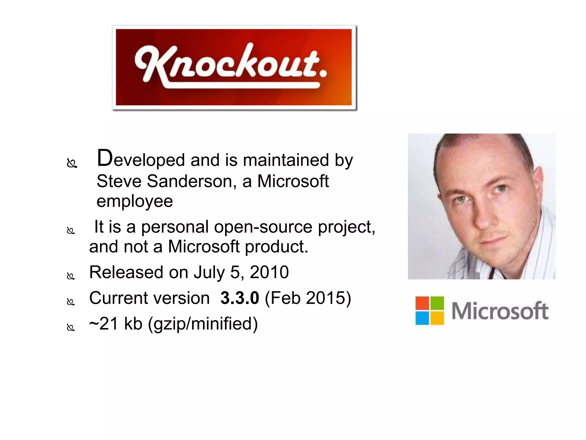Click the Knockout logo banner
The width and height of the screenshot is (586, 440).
pyautogui.click(x=234, y=68)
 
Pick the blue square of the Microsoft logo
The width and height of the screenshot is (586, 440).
pyautogui.click(x=422, y=318)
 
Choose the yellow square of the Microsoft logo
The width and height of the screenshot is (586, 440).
pyautogui.click(x=437, y=318)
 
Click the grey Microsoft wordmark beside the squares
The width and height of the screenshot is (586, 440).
pyautogui.click(x=500, y=311)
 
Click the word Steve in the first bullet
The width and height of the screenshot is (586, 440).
pyautogui.click(x=119, y=181)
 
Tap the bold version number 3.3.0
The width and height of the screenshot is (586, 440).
pyautogui.click(x=240, y=298)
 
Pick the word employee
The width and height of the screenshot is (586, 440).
pyautogui.click(x=135, y=201)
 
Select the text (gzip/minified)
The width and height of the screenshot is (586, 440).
pyautogui.click(x=203, y=324)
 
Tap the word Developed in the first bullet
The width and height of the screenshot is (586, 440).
pyautogui.click(x=141, y=159)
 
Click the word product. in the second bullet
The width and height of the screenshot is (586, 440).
pyautogui.click(x=276, y=247)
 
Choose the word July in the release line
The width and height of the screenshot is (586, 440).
pyautogui.click(x=209, y=273)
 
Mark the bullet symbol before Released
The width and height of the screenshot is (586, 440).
pyautogui.click(x=70, y=276)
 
